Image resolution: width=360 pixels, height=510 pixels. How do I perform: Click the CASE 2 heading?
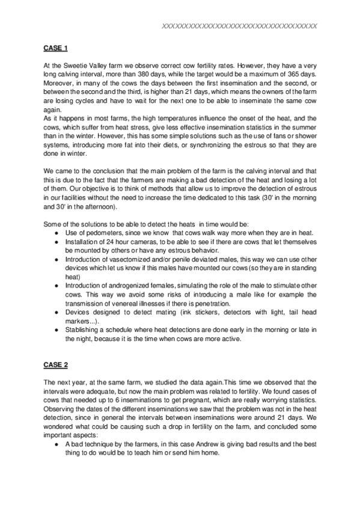click(x=56, y=365)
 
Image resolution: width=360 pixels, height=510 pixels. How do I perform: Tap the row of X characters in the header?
click(x=240, y=26)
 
